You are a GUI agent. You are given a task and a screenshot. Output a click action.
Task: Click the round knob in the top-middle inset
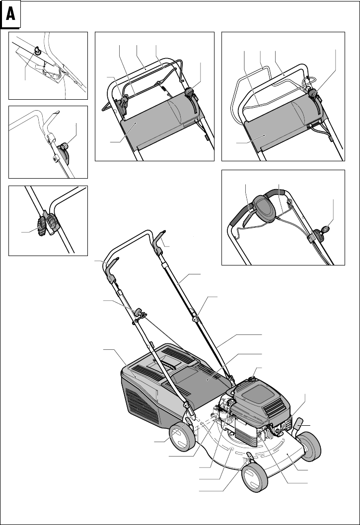click(189, 92)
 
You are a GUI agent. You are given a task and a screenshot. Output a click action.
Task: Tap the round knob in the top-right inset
click(313, 92)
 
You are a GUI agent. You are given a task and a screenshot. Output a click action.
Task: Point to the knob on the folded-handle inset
click(65, 147)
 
